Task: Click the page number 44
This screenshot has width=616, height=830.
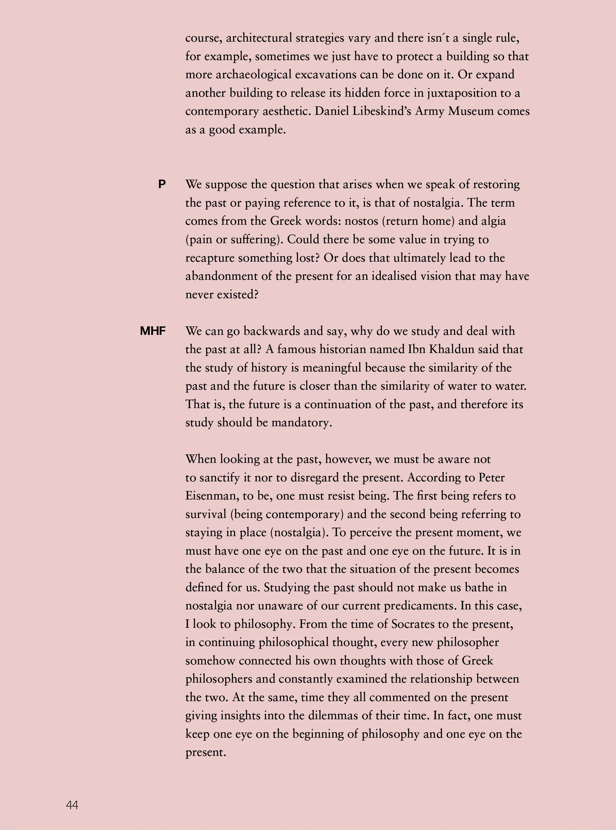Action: [x=72, y=805]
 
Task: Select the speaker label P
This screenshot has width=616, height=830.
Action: [x=162, y=184]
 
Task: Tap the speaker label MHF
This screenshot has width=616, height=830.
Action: [x=153, y=331]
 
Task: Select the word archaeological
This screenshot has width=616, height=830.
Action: [x=253, y=75]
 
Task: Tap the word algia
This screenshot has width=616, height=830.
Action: [x=493, y=221]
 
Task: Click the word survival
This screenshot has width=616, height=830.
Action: [x=206, y=514]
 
